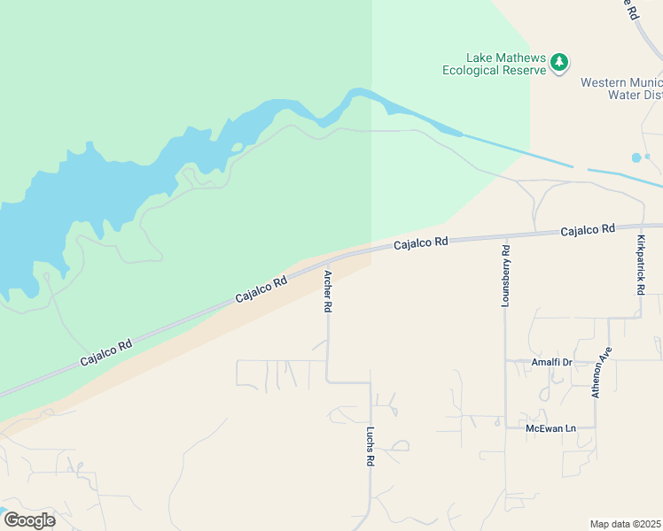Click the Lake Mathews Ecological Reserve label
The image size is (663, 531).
coord(495,62)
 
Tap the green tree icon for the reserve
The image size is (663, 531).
coord(558,62)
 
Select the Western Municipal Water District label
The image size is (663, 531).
coord(621,88)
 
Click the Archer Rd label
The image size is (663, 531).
coord(327,291)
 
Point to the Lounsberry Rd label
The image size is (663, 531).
coord(505,275)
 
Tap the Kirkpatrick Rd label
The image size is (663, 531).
coord(640,265)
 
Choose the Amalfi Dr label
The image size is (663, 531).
coord(551,362)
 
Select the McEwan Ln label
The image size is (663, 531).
coord(550,428)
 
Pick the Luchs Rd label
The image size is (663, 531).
coord(370,447)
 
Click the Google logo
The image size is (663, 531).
coord(29,520)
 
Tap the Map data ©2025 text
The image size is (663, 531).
coord(626,524)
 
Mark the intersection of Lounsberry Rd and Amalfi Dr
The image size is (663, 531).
coord(505,361)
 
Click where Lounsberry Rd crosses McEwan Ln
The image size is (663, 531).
coord(505,428)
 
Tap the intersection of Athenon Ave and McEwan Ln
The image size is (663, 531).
coord(596,428)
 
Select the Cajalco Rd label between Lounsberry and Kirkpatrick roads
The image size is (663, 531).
coord(587,230)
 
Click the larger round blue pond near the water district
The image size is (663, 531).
coord(636,158)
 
